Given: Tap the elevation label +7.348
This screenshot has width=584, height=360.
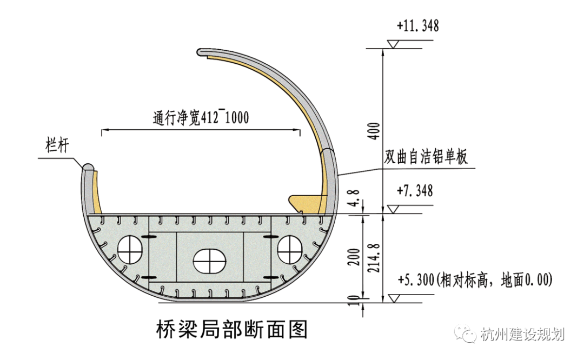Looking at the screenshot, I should pyautogui.click(x=415, y=191).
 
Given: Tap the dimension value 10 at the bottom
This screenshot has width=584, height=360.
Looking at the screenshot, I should pyautogui.click(x=355, y=299).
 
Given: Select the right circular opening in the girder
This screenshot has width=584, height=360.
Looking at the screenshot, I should pyautogui.click(x=290, y=250).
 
